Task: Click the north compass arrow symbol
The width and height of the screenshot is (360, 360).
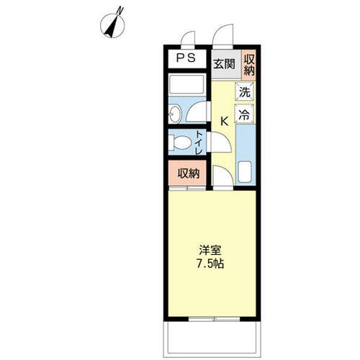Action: click(112, 22)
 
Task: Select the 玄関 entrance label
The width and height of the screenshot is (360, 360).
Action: click(224, 64)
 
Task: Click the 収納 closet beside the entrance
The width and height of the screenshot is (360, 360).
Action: click(249, 65)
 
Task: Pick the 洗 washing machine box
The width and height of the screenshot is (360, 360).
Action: click(245, 92)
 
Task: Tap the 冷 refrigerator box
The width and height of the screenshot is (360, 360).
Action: click(245, 113)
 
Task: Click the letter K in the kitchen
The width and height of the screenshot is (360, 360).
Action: click(224, 120)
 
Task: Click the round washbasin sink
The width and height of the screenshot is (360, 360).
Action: click(175, 114)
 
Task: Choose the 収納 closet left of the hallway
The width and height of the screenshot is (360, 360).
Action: click(189, 173)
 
